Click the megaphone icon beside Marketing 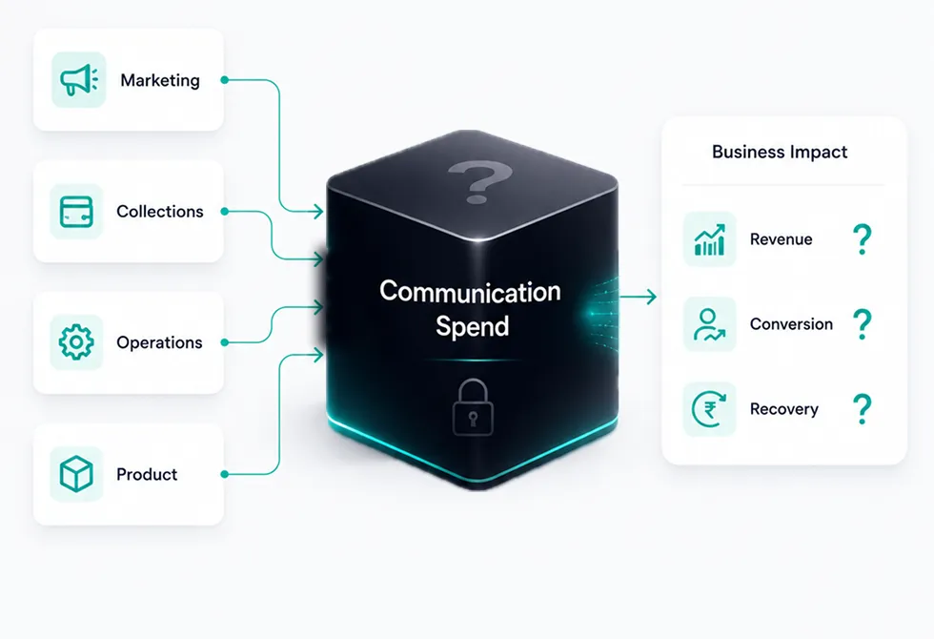point(78,80)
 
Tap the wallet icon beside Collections point(76,212)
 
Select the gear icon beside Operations point(76,342)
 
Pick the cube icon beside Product point(76,474)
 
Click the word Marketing point(160,80)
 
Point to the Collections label point(160,211)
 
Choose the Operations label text point(160,342)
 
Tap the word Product point(147,474)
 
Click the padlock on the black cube point(473,407)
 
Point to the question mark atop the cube point(480,181)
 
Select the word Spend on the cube point(473,326)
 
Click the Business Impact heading point(780,152)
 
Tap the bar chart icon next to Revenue point(709,239)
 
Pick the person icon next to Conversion point(709,324)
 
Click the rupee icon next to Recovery point(709,409)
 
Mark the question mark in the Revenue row point(862,239)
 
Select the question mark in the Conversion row point(862,324)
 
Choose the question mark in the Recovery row point(862,409)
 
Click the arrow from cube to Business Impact point(638,297)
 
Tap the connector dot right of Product point(225,475)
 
